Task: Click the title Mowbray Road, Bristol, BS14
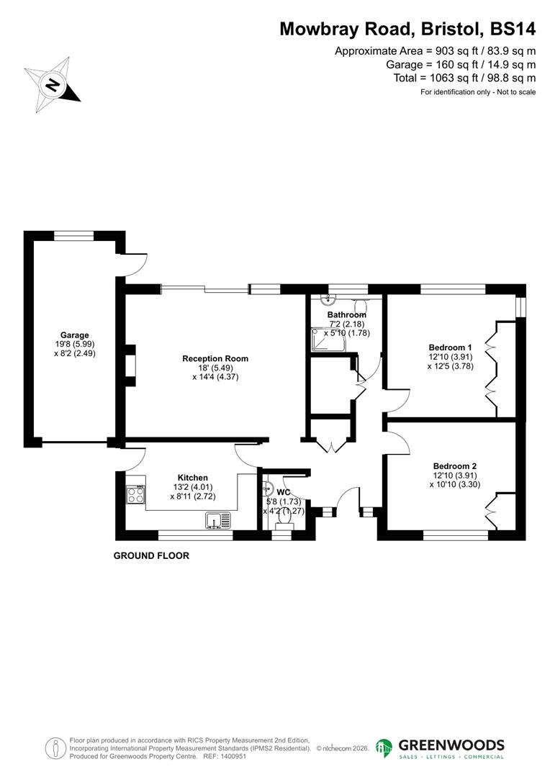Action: point(407,29)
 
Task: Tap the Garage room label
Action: point(74,335)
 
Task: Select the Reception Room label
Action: point(215,358)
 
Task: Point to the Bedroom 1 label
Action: point(451,347)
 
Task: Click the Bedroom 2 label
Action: point(454,465)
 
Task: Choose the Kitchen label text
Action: point(192,478)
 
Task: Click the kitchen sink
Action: point(216,519)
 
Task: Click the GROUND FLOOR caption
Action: point(151,556)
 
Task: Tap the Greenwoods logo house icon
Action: point(384,748)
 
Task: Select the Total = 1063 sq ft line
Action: point(464,78)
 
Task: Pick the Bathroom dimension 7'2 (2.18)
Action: point(347,324)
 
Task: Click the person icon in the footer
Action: point(55,748)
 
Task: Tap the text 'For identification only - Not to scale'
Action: point(477,92)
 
